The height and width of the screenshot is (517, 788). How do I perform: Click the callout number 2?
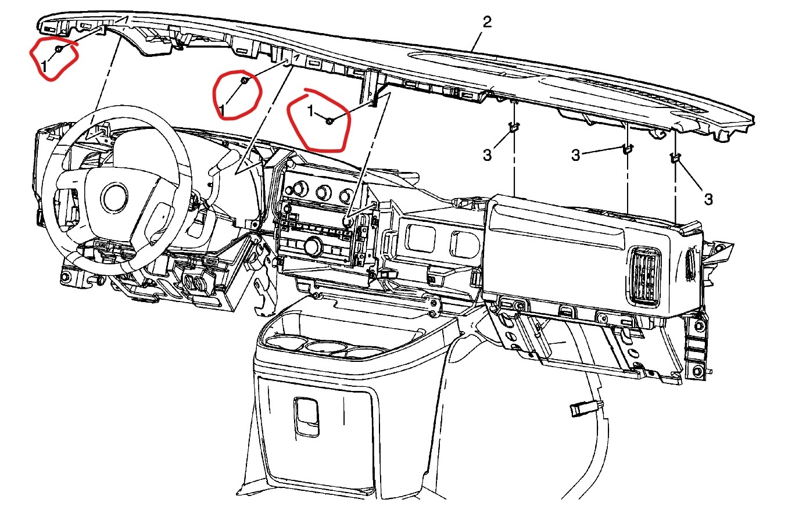click(487, 23)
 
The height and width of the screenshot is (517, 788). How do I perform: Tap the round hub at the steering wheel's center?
click(114, 198)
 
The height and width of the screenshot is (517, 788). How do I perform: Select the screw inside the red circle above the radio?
click(329, 121)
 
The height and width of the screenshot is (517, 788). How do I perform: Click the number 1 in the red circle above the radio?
click(311, 110)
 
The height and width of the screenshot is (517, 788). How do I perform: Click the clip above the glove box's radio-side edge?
click(514, 127)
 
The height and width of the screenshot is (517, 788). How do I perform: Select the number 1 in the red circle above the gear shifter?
click(223, 108)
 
